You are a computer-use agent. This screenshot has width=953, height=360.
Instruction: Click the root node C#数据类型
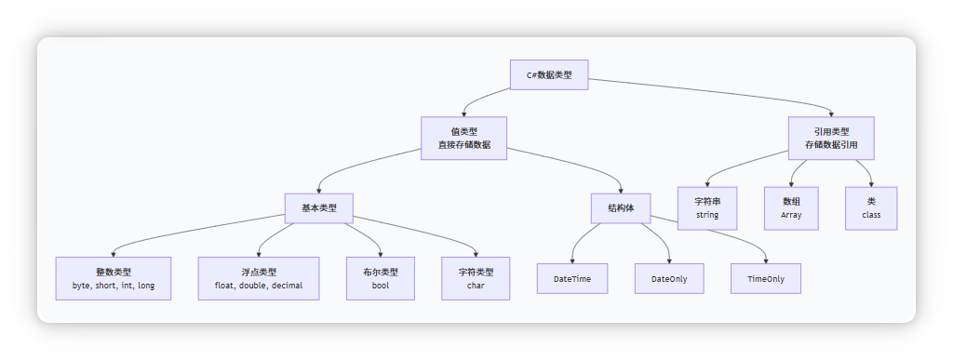(549, 74)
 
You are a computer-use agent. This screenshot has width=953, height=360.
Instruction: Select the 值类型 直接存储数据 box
(463, 139)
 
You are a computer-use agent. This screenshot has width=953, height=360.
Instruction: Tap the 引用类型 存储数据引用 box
(831, 139)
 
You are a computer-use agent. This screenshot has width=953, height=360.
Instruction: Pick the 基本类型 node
(318, 207)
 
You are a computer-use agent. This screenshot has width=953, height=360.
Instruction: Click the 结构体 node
(621, 207)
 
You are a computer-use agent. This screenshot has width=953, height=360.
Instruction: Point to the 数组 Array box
(791, 208)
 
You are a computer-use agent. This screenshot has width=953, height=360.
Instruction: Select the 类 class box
(871, 208)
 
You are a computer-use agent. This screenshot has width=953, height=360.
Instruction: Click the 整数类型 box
(114, 278)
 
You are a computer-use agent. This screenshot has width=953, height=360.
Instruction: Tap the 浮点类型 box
(259, 278)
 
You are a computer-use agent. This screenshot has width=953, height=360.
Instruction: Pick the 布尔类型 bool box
(380, 278)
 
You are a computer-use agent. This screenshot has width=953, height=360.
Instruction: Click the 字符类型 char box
(476, 278)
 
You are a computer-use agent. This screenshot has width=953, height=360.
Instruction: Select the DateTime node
(572, 279)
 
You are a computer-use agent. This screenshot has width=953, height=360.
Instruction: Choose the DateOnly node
(669, 279)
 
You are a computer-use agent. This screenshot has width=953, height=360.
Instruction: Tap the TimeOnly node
(766, 279)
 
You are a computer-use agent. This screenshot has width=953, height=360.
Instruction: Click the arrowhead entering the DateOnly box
(669, 261)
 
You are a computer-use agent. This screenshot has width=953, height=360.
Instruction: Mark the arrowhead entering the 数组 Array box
(791, 184)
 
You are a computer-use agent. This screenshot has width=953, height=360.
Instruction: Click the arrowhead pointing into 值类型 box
(463, 113)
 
